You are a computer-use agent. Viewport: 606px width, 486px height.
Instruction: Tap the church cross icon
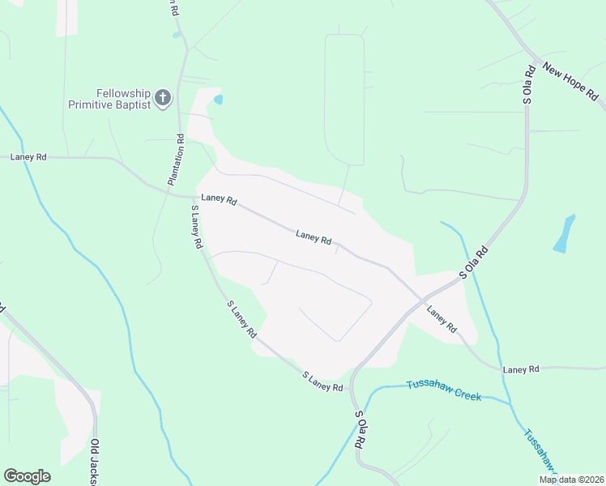point(162,99)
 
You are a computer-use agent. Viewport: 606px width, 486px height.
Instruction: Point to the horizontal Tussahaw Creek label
point(444,390)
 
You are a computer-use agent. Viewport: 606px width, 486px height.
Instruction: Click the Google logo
point(27,476)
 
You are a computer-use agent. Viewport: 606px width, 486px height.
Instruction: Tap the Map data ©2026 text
point(571,480)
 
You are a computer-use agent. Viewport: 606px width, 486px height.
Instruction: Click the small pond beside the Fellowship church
point(217,100)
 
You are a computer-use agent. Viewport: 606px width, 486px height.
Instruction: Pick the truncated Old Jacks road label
point(95,463)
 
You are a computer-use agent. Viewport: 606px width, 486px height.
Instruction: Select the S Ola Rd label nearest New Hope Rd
point(528,84)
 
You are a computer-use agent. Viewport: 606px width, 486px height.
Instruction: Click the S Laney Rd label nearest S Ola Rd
point(322,382)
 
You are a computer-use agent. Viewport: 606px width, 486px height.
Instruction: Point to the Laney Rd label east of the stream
point(520,369)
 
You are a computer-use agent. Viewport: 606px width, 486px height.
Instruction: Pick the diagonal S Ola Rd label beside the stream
point(475,263)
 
